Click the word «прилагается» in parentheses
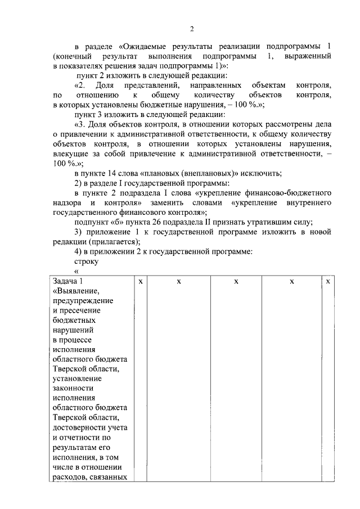[x=106, y=241]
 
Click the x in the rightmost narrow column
[x=328, y=281]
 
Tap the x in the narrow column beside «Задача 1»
[x=140, y=281]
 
